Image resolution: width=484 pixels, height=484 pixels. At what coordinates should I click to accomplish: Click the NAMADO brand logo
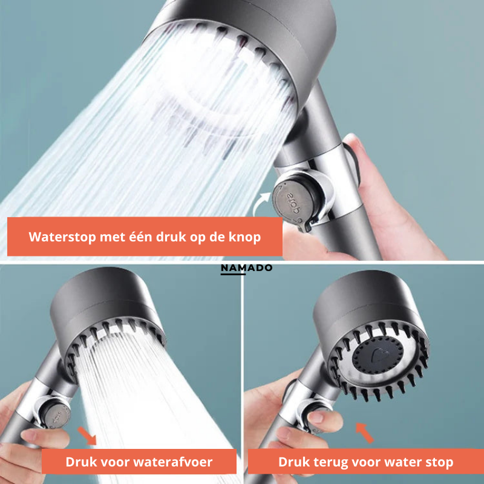(x=246, y=268)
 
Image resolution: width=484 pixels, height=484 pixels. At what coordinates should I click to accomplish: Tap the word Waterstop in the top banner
(x=62, y=237)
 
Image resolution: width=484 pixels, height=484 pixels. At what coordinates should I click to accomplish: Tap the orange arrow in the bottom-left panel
(x=87, y=435)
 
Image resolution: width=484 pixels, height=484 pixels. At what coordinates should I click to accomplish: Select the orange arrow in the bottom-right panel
(x=365, y=432)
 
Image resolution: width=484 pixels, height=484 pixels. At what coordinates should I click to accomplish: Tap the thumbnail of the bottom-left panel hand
(x=28, y=434)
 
